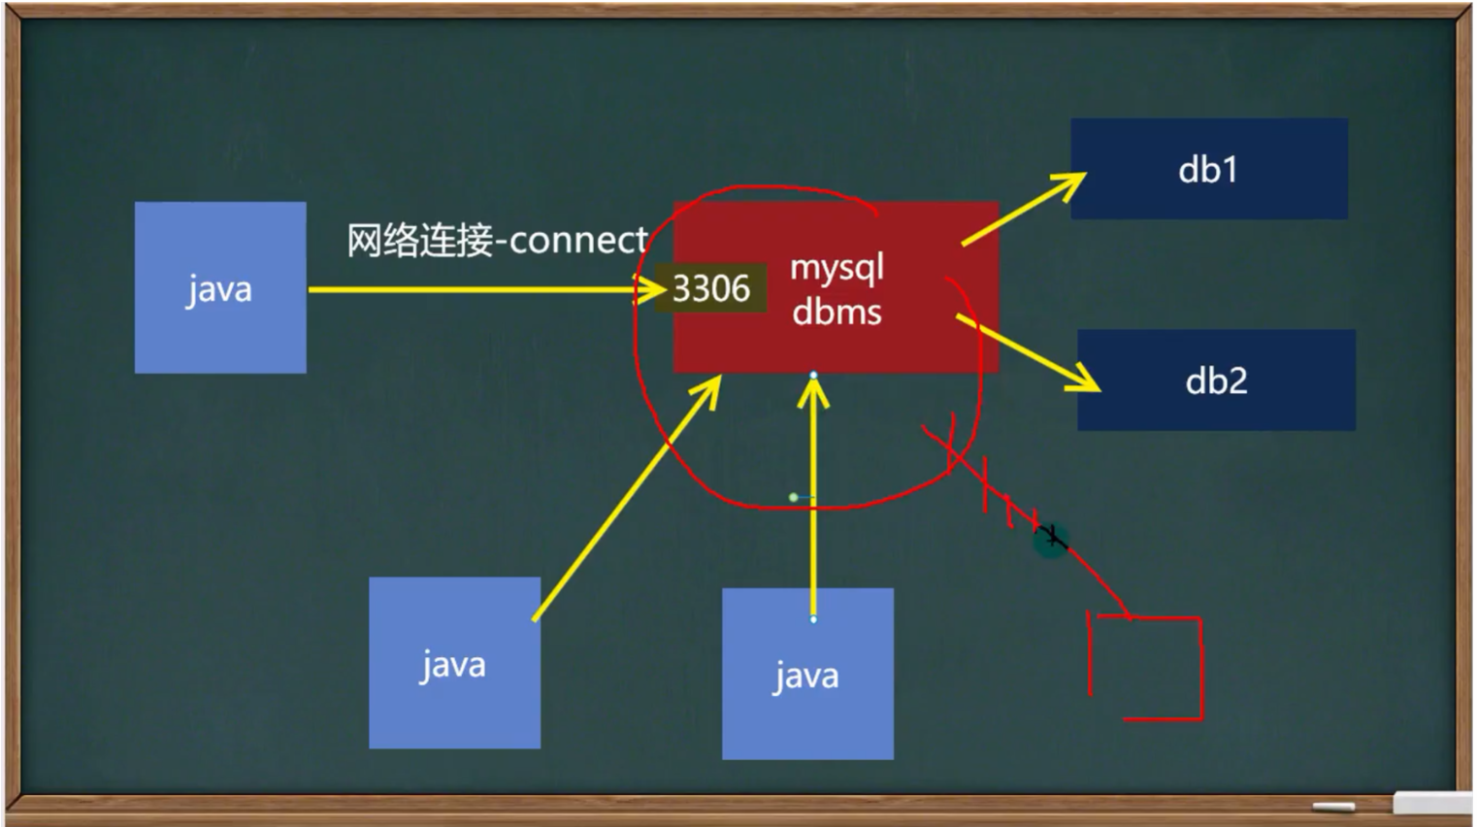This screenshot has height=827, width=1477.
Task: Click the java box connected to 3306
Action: click(x=220, y=287)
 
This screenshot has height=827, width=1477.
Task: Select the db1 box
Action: click(x=1208, y=169)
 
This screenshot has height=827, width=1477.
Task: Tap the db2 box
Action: click(x=1216, y=380)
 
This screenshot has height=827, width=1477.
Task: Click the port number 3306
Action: click(x=710, y=288)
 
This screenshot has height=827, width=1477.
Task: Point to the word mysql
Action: click(x=837, y=267)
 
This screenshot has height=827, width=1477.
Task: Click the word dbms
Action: click(x=837, y=313)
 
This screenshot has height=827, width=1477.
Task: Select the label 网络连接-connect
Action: click(x=497, y=240)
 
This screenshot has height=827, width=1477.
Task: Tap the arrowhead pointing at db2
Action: click(x=1085, y=380)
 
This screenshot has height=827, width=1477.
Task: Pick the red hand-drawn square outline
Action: click(x=1146, y=667)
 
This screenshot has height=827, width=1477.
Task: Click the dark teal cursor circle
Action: click(x=1050, y=539)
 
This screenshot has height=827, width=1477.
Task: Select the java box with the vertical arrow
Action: click(x=807, y=674)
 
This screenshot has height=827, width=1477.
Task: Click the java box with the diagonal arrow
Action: click(x=454, y=663)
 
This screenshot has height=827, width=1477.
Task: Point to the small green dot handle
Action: click(x=793, y=497)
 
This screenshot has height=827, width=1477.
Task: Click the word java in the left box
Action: click(x=219, y=289)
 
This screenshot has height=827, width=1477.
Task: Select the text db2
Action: click(x=1216, y=380)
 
